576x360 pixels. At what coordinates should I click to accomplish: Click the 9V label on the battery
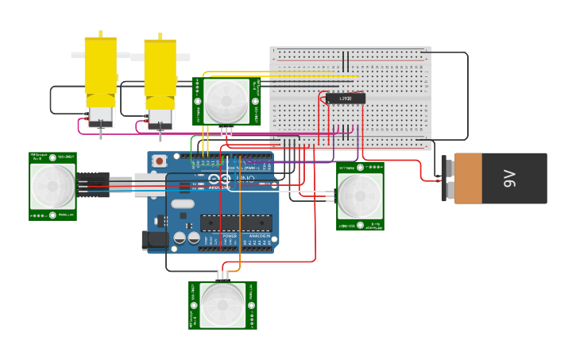click(509, 178)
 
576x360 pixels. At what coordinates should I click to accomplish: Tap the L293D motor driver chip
click(346, 99)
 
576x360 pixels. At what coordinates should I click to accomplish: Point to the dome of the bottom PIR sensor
click(222, 304)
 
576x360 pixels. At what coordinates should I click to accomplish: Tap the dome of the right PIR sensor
click(360, 196)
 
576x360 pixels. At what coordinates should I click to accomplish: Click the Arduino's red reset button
click(160, 161)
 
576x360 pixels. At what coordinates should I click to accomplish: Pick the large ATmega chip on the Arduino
click(235, 224)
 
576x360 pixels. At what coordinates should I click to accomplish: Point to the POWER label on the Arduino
click(230, 236)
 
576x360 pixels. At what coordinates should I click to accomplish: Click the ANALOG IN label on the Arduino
click(259, 236)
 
